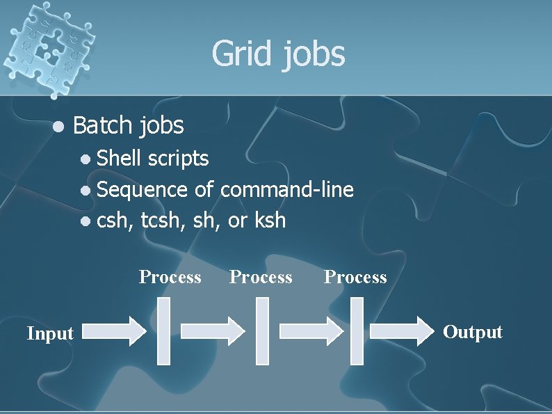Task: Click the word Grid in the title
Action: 243,54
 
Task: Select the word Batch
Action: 102,125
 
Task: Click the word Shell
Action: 118,158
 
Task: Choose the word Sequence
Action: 143,190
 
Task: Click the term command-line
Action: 287,189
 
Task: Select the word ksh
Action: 270,221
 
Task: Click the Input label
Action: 50,334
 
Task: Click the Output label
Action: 473,332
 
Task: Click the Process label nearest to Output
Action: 355,277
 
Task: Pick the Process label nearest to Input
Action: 170,277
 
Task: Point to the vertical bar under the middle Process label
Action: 262,331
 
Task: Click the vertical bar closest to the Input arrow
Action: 163,331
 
